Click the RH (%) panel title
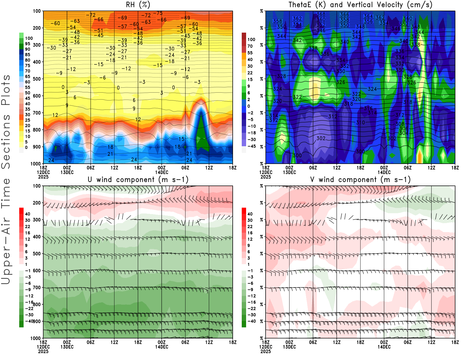[138, 5]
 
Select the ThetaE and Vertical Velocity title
[360, 5]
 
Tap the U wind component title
[138, 179]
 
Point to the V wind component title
[360, 179]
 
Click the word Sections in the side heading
[6, 141]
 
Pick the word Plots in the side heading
[6, 90]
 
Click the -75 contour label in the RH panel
[159, 13]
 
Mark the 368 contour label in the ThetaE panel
[321, 14]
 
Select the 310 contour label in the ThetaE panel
[360, 123]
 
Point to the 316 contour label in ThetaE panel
[368, 108]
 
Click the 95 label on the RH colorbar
[28, 44]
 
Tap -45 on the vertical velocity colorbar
[251, 146]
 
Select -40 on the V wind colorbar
[252, 321]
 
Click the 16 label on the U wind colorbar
[28, 233]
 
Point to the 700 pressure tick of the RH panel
[37, 113]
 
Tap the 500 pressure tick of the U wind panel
[37, 254]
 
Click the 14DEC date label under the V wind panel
[384, 347]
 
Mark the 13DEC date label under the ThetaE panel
[289, 172]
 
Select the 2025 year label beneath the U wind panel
[43, 351]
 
